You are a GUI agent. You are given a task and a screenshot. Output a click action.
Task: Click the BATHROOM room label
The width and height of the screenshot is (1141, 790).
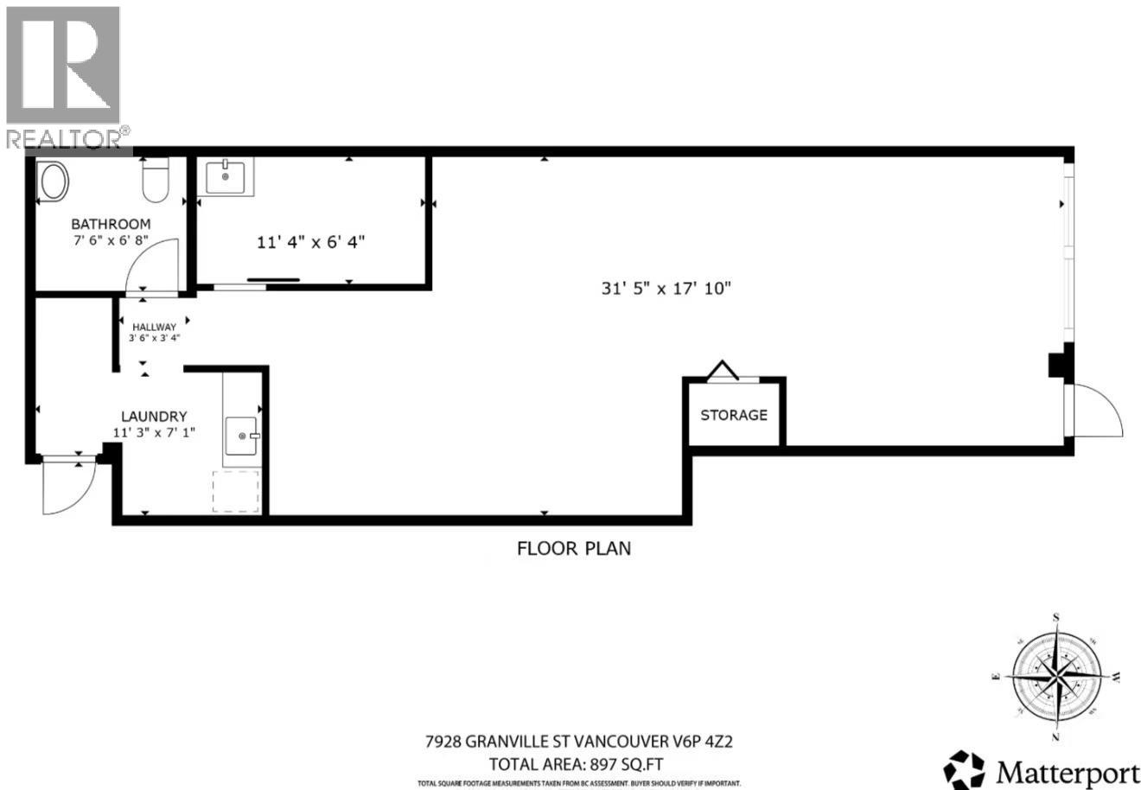click(x=111, y=224)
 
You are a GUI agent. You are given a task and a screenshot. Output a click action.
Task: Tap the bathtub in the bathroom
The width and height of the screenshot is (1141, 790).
click(x=54, y=185)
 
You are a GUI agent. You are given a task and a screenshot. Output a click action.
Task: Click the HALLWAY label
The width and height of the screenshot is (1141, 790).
click(x=154, y=327)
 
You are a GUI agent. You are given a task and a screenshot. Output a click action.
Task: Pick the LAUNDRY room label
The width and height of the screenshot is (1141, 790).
click(x=154, y=416)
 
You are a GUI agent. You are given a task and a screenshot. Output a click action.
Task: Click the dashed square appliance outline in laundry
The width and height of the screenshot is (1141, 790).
click(x=236, y=492)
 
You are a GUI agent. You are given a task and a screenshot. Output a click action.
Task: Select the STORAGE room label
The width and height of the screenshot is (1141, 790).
click(x=733, y=415)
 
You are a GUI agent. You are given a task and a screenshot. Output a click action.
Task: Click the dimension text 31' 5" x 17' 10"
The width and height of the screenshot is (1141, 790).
click(x=666, y=289)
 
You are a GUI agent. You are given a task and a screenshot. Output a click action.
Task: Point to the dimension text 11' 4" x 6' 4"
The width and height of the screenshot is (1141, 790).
click(x=311, y=242)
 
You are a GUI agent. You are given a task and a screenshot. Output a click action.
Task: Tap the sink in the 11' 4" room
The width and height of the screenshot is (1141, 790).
click(x=226, y=177)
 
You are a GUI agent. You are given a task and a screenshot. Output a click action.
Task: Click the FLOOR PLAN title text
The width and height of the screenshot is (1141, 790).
click(x=574, y=548)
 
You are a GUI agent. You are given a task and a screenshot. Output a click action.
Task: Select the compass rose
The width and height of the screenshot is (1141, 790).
click(x=1055, y=675)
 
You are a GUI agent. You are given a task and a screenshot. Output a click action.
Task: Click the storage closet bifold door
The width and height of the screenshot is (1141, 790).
click(x=723, y=372)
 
